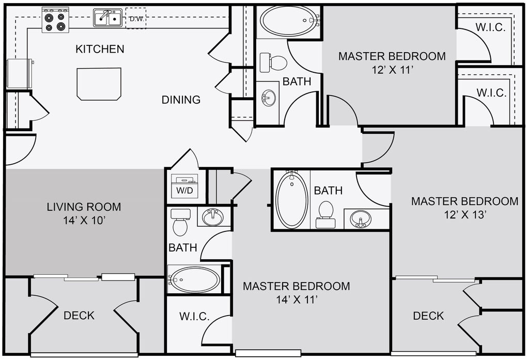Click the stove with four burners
55,20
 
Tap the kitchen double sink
107,18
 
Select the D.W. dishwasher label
136,19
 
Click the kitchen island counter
99,84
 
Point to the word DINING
181,100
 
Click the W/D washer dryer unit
184,186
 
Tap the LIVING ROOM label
84,207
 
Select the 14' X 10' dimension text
85,221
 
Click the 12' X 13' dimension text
466,214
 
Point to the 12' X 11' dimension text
392,70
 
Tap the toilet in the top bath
273,62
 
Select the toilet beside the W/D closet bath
180,222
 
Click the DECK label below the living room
79,316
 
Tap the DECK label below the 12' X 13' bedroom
428,316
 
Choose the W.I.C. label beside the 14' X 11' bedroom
194,316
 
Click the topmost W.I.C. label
490,27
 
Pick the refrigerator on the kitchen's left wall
20,74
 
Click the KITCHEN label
100,49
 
